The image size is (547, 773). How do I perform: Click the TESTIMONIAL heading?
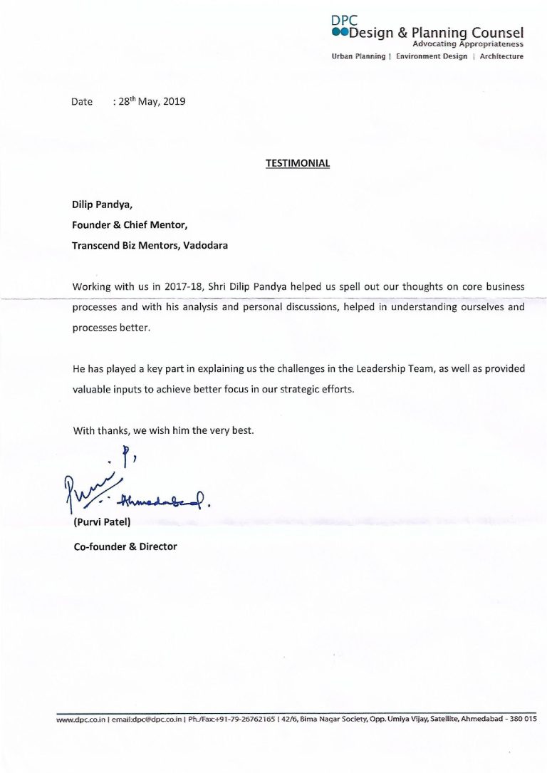point(298,163)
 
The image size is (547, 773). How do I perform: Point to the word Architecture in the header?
point(501,56)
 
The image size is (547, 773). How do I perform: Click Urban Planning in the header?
point(358,56)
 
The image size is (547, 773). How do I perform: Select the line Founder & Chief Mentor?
point(130,224)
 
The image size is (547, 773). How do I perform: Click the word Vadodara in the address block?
point(206,245)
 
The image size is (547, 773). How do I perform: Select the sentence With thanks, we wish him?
point(163,431)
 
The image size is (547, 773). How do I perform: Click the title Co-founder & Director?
point(125,546)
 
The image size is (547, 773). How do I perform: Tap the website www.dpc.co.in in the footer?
point(80,720)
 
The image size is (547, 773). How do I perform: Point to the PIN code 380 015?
point(522,720)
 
